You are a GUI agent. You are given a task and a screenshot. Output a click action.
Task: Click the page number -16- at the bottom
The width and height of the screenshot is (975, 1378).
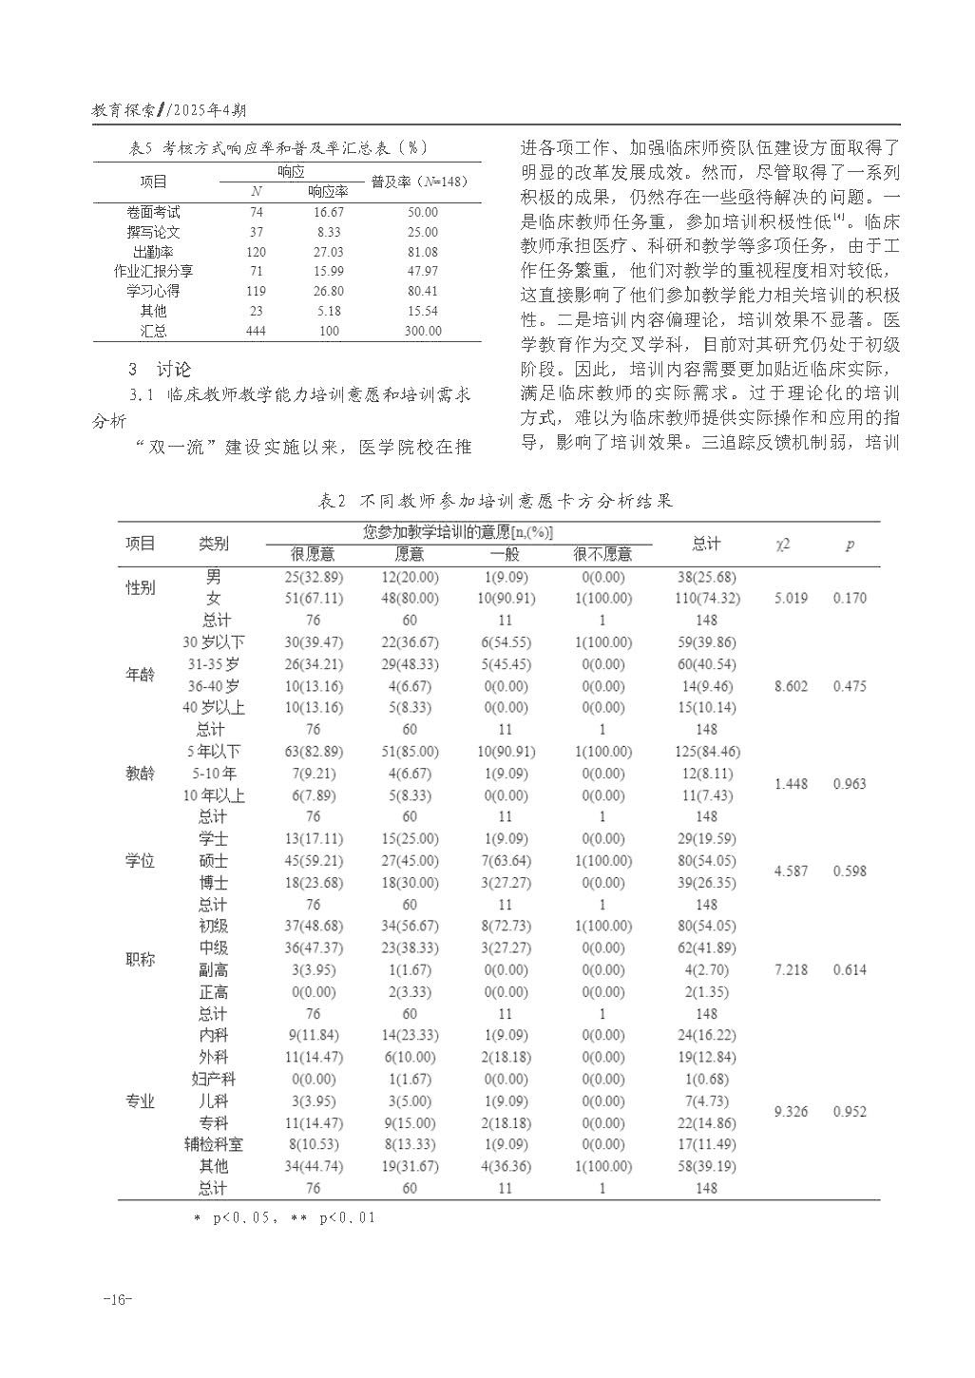pyautogui.click(x=118, y=1300)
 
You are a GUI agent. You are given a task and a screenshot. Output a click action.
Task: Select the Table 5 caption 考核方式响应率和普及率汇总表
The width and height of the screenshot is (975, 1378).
pyautogui.click(x=277, y=147)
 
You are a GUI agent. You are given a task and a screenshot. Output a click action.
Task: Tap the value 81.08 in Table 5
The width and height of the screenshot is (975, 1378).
pyautogui.click(x=422, y=252)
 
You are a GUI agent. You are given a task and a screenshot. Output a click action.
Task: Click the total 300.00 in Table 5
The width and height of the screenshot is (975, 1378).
pyautogui.click(x=422, y=331)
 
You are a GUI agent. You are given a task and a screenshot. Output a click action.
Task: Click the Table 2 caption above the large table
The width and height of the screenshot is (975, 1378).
pyautogui.click(x=495, y=501)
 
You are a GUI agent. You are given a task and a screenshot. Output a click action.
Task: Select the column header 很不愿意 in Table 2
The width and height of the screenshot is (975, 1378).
pyautogui.click(x=602, y=554)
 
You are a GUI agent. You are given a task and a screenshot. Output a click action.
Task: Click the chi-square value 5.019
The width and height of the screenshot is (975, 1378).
pyautogui.click(x=791, y=599)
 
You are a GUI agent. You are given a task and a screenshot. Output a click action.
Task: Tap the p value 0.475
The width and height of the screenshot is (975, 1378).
pyautogui.click(x=850, y=686)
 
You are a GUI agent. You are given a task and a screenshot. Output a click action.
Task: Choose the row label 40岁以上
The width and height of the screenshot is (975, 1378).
pyautogui.click(x=213, y=708)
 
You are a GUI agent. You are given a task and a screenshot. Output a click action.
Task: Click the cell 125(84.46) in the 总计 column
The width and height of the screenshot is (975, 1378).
pyautogui.click(x=706, y=752)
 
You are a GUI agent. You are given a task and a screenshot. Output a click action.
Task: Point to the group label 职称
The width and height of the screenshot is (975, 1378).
pyautogui.click(x=141, y=960)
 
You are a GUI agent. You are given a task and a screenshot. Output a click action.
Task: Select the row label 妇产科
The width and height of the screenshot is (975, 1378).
pyautogui.click(x=213, y=1080)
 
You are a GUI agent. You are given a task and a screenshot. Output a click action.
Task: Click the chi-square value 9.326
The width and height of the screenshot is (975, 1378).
pyautogui.click(x=791, y=1112)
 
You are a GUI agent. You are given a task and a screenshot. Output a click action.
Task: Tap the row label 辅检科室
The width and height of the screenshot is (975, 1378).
pyautogui.click(x=213, y=1145)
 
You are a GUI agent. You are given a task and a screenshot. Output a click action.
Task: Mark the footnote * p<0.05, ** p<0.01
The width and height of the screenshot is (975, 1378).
pyautogui.click(x=285, y=1217)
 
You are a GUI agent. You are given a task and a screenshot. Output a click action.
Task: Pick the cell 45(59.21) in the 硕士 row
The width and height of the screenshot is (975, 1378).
pyautogui.click(x=314, y=861)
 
